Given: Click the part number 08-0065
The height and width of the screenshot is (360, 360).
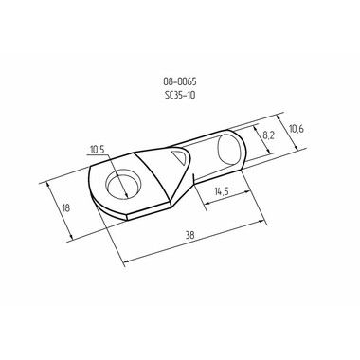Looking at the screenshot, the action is click(180, 81).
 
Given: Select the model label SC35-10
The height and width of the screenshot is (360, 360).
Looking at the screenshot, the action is click(180, 95).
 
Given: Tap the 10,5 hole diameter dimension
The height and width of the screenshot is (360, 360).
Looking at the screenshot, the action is click(97, 150).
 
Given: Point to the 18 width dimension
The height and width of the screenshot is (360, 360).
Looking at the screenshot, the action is click(66, 208).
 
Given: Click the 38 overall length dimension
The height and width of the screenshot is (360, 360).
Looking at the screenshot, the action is click(189, 235).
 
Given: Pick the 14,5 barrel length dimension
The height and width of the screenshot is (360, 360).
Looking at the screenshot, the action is click(222, 191).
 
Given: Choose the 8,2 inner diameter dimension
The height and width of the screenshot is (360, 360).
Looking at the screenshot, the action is click(268, 135).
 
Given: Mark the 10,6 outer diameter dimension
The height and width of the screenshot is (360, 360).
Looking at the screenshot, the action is click(297, 129).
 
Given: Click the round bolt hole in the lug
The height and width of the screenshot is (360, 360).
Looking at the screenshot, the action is click(122, 186).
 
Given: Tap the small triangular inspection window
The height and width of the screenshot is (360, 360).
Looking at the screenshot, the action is click(180, 156).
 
